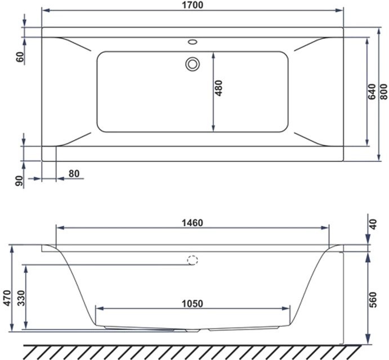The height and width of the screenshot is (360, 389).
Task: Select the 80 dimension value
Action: (x=73, y=174)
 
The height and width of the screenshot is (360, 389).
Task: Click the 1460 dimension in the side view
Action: (x=191, y=222)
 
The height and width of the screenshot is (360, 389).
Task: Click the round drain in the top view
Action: (x=193, y=64)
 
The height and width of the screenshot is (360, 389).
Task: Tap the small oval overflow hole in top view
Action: (x=193, y=41)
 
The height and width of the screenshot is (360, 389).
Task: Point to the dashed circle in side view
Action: (x=193, y=260)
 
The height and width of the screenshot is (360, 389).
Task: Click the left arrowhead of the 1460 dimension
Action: (x=59, y=228)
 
